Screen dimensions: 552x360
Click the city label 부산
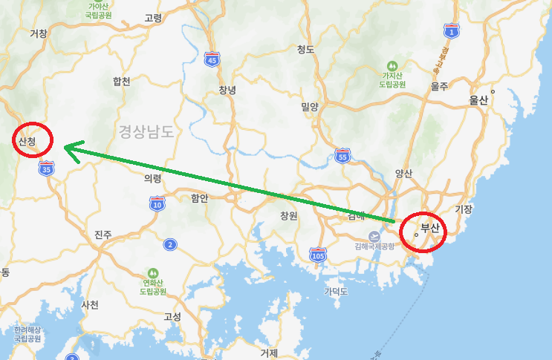431,228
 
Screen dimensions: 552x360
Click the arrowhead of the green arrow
67,148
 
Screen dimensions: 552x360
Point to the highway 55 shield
342,156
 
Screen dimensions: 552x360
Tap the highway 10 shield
157,204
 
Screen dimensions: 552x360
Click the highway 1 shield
450,31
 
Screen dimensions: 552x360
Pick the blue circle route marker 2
171,244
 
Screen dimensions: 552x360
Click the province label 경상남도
146,132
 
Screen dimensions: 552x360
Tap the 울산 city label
478,100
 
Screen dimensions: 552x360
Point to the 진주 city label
103,235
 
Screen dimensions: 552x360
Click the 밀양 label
309,107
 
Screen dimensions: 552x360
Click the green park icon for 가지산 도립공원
392,65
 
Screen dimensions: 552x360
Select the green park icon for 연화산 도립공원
153,272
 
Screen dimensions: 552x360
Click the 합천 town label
121,81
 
